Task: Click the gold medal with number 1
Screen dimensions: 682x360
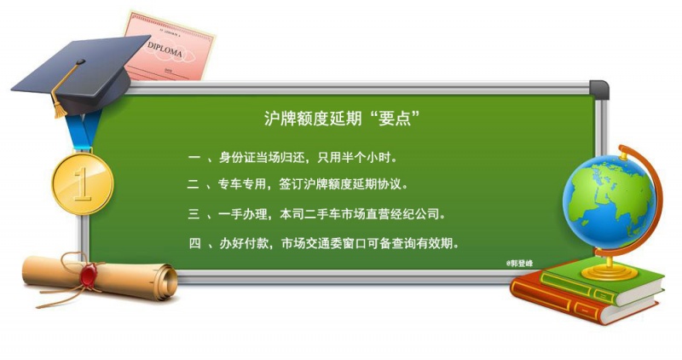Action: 83,183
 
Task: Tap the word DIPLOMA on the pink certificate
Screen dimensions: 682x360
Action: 165,50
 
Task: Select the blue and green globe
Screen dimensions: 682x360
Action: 608,202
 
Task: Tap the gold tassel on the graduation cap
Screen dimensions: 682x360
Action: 60,103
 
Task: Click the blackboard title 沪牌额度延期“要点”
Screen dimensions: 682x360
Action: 342,118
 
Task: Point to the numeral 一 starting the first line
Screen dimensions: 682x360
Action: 194,157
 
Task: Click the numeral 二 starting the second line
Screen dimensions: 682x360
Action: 194,184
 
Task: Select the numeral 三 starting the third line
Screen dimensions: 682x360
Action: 194,214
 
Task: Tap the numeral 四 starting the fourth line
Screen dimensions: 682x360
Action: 195,243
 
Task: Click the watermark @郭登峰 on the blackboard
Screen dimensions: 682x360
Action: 519,264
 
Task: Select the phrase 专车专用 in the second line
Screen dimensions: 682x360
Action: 242,184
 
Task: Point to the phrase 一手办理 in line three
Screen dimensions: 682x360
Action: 243,214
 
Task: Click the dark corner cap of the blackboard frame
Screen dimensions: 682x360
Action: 599,90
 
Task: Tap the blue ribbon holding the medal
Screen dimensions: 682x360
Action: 84,130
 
